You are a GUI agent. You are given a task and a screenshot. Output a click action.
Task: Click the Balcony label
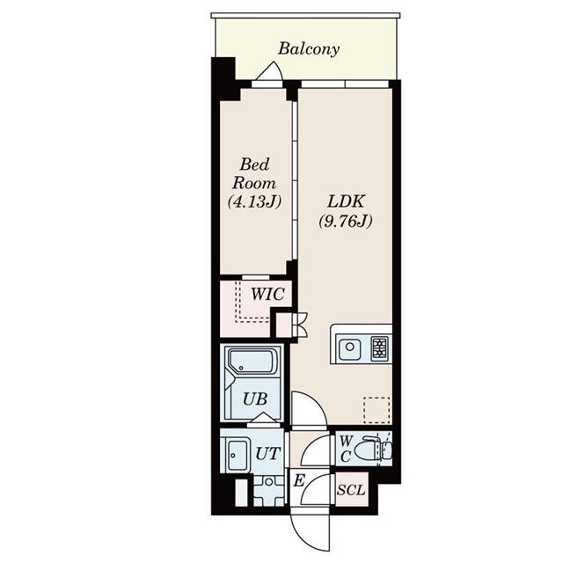pyautogui.click(x=309, y=49)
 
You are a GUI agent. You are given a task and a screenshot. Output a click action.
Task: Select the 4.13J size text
pyautogui.click(x=253, y=202)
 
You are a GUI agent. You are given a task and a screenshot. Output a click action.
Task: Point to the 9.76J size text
pyautogui.click(x=345, y=221)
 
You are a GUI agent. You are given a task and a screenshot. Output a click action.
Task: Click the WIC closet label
pyautogui.click(x=267, y=295)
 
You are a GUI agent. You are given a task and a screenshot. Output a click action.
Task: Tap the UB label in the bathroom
pyautogui.click(x=255, y=398)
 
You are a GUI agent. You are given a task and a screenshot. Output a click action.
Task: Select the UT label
pyautogui.click(x=268, y=453)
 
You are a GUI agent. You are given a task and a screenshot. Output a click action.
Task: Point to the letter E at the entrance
pyautogui.click(x=298, y=480)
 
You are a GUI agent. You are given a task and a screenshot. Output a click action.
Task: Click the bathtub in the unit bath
pyautogui.click(x=252, y=362)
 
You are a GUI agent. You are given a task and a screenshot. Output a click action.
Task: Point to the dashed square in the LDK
pyautogui.click(x=376, y=411)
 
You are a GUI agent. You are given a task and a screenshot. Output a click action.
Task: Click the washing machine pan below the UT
pyautogui.click(x=265, y=490)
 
